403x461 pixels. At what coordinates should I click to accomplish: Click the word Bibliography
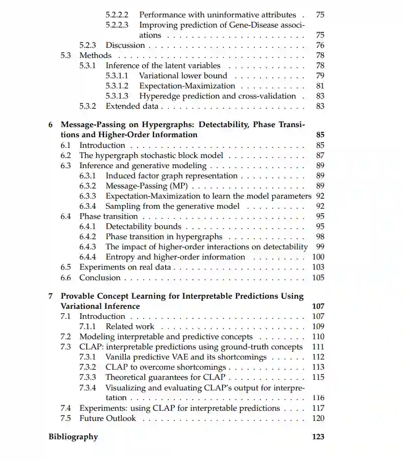[x=73, y=437]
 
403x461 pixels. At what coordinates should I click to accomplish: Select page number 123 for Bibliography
[x=318, y=437]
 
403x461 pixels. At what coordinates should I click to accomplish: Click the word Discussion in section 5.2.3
[x=125, y=45]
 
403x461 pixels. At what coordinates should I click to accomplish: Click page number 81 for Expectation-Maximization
[x=320, y=86]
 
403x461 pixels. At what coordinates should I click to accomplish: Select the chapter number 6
[x=51, y=125]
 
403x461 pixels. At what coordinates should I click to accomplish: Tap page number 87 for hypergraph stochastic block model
[x=320, y=156]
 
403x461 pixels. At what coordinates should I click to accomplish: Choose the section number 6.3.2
[x=87, y=186]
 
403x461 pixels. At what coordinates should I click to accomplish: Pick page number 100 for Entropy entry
[x=319, y=257]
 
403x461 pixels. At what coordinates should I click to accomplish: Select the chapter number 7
[x=51, y=296]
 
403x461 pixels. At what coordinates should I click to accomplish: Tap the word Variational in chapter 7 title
[x=81, y=306]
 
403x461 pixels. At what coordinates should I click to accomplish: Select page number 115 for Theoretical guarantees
[x=318, y=377]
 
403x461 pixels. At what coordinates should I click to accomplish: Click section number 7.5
[x=66, y=418]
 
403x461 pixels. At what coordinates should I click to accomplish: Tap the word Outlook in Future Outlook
[x=120, y=418]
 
